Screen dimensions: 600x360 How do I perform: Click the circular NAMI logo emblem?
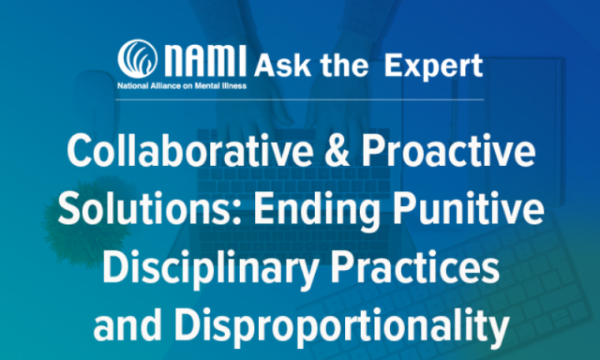[x=138, y=59]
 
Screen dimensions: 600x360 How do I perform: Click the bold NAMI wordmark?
[x=204, y=60]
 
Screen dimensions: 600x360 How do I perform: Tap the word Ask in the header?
[x=282, y=66]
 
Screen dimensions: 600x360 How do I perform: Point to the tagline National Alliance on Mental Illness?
[x=182, y=85]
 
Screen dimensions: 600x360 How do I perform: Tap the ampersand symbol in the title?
[x=337, y=151]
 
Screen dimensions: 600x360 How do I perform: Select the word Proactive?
[x=448, y=150]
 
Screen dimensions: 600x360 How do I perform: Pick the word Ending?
[x=317, y=211]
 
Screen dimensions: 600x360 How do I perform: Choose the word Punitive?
[x=469, y=209]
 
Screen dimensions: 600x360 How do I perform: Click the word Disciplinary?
[x=210, y=269]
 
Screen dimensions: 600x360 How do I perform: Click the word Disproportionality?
[x=342, y=327]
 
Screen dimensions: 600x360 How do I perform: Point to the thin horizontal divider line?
[x=300, y=99]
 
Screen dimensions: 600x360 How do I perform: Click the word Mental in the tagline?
[x=207, y=85]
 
